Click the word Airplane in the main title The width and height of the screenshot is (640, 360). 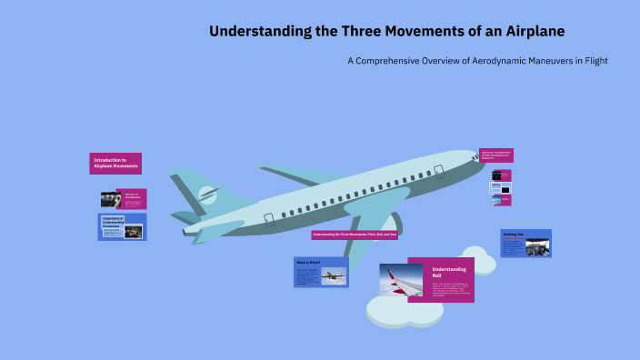click(532, 31)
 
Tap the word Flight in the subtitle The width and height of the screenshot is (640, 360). click(591, 61)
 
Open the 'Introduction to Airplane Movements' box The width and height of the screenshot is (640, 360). click(115, 164)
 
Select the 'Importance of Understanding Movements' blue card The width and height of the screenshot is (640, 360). click(122, 226)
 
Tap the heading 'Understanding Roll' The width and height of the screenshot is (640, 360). click(448, 273)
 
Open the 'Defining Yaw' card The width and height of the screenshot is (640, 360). click(525, 244)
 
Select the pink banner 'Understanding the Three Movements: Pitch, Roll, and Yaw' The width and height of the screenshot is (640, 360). click(355, 235)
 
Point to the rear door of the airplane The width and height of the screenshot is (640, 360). click(268, 218)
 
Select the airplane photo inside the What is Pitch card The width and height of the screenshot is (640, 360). click(334, 275)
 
